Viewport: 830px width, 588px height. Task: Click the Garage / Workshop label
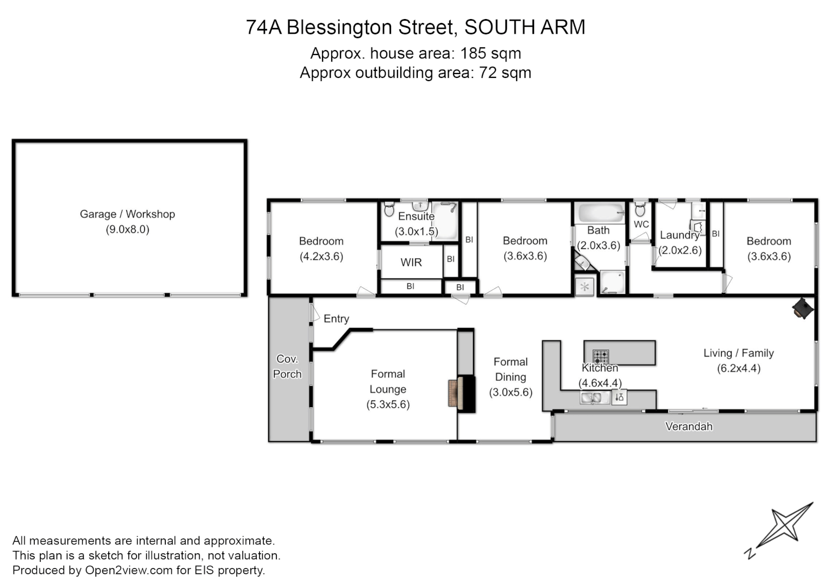coord(127,214)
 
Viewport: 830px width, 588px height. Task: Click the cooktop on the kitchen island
coord(600,357)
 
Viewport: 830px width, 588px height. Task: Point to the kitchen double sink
coord(595,398)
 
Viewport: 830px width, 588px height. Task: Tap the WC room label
coord(641,224)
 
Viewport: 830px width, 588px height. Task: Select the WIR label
coord(411,262)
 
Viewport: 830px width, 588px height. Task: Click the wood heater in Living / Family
coord(802,309)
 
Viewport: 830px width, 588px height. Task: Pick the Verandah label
coord(689,426)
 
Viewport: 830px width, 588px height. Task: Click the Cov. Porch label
coord(287,366)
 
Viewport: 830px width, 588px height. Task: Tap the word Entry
coord(336,318)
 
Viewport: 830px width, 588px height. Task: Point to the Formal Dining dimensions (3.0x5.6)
coord(510,392)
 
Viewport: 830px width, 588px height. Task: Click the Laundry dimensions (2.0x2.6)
coord(680,250)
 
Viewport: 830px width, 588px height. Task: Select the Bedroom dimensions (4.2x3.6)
coord(321,256)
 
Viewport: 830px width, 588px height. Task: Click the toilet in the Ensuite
coord(389,210)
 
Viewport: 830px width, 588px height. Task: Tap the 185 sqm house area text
coord(491,53)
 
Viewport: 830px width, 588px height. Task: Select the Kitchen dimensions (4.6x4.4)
coord(600,383)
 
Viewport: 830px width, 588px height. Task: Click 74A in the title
coord(264,27)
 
